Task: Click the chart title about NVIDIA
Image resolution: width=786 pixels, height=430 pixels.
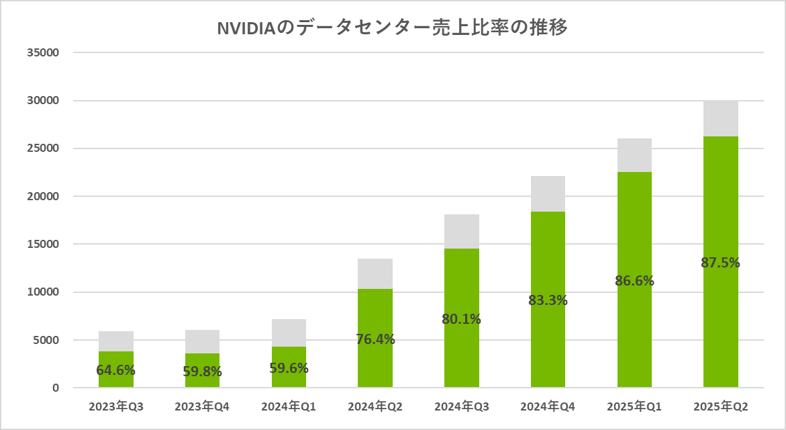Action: pyautogui.click(x=393, y=28)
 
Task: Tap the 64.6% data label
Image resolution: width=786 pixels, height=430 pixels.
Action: pyautogui.click(x=116, y=370)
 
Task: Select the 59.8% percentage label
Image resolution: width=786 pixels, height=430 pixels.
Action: pyautogui.click(x=203, y=372)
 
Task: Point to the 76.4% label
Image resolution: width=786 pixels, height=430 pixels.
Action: pyautogui.click(x=375, y=339)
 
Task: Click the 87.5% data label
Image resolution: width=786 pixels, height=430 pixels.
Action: pyautogui.click(x=720, y=263)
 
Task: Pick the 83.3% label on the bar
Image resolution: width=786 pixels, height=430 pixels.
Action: pyautogui.click(x=548, y=300)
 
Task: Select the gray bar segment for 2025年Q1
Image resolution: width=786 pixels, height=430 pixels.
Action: pyautogui.click(x=634, y=155)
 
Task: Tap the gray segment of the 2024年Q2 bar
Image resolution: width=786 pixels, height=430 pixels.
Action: pyautogui.click(x=375, y=273)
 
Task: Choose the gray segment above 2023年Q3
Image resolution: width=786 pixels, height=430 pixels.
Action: pyautogui.click(x=116, y=341)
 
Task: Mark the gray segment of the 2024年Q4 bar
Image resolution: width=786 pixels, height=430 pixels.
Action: pyautogui.click(x=548, y=193)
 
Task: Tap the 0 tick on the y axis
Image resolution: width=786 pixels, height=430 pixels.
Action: pyautogui.click(x=56, y=388)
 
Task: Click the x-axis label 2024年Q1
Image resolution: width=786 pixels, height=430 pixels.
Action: pyautogui.click(x=289, y=407)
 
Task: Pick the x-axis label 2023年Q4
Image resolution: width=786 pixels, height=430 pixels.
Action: pyautogui.click(x=203, y=407)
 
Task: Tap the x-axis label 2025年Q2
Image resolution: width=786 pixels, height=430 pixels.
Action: pyautogui.click(x=720, y=407)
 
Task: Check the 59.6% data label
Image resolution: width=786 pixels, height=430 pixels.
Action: pyautogui.click(x=289, y=368)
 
